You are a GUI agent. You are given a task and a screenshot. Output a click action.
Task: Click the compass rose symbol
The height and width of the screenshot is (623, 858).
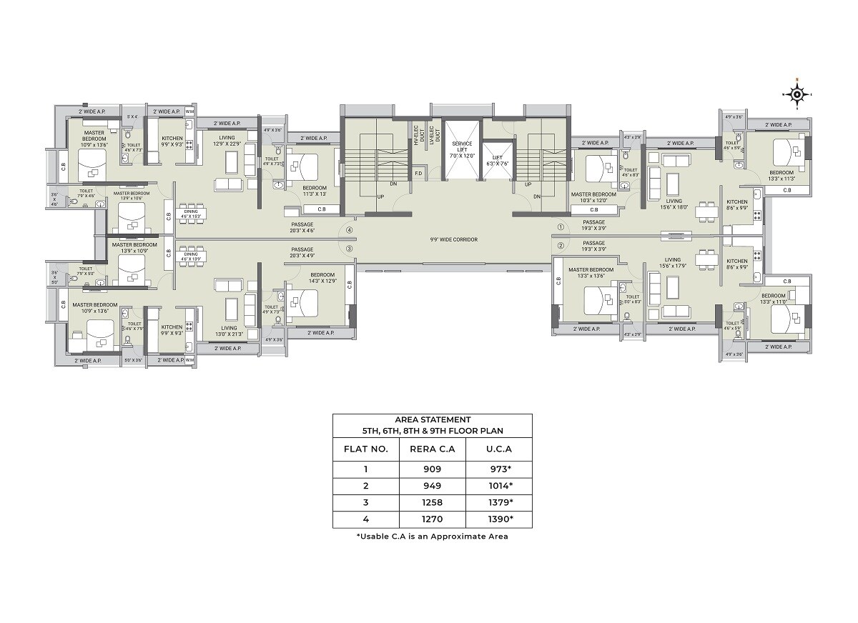[797, 94]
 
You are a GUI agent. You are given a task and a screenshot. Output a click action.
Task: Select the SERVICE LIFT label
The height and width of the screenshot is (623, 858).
[462, 149]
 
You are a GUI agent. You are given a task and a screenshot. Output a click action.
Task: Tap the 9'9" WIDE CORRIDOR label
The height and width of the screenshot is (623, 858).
[454, 239]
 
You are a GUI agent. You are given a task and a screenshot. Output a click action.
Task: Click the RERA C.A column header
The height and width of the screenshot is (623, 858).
[432, 449]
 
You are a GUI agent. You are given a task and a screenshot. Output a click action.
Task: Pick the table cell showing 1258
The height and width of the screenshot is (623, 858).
[432, 502]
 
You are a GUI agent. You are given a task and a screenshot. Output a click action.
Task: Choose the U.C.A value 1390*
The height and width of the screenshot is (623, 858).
[498, 519]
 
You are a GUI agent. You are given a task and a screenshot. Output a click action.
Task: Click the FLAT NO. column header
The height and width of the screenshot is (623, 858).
[365, 449]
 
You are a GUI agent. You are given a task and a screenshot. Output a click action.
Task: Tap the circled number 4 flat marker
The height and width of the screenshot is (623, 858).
[350, 230]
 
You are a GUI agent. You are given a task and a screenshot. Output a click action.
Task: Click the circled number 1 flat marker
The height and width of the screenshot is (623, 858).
[561, 228]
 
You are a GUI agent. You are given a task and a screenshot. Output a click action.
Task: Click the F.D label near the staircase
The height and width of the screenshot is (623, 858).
[419, 173]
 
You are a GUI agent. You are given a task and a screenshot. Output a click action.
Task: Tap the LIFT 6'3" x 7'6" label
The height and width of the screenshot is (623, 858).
[495, 159]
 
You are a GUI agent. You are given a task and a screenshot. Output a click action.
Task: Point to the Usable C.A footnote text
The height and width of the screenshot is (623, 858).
[432, 536]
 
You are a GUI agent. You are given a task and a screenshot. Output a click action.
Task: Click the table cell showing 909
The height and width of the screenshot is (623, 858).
[432, 469]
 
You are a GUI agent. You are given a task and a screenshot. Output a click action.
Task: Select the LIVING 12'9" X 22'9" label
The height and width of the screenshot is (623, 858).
[227, 141]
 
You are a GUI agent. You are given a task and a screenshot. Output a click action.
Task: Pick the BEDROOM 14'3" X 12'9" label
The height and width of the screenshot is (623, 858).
[322, 277]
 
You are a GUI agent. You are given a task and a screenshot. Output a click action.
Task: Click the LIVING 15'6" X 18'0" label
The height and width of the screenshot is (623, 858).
[673, 204]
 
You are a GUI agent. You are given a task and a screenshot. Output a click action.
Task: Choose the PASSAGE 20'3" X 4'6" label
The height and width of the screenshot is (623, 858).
[302, 227]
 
